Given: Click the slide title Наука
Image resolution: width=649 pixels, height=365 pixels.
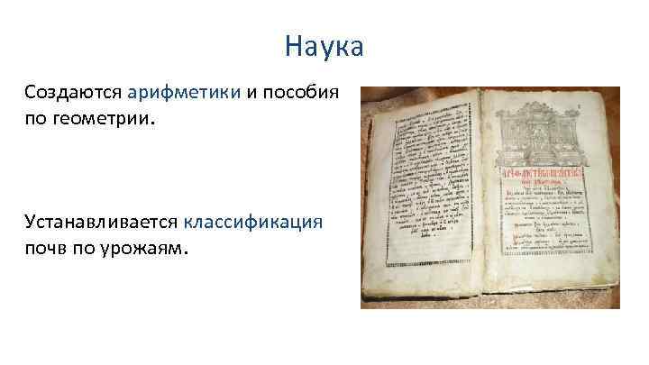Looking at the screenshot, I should (324, 45).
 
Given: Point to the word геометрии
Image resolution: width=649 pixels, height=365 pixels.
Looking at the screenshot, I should (107, 117).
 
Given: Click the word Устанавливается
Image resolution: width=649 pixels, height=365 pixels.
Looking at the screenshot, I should (100, 223).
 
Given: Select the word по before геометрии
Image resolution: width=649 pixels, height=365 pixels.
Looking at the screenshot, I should (38, 117).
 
